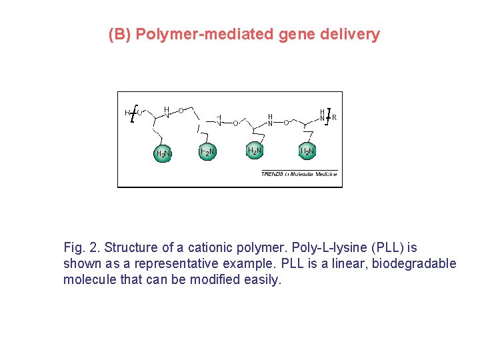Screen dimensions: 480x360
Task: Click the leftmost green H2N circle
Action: (x=163, y=154)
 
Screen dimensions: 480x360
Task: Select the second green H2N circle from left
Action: (x=207, y=153)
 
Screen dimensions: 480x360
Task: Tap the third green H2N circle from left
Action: (x=255, y=151)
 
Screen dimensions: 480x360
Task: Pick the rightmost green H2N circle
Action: (x=307, y=151)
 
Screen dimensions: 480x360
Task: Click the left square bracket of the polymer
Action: (x=134, y=114)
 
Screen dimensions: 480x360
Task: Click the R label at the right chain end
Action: (x=335, y=117)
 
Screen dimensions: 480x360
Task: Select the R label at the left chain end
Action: (x=127, y=113)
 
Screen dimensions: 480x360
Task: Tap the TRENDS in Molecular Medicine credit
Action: (x=299, y=174)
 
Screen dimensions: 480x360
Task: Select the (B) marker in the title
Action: (x=120, y=34)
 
